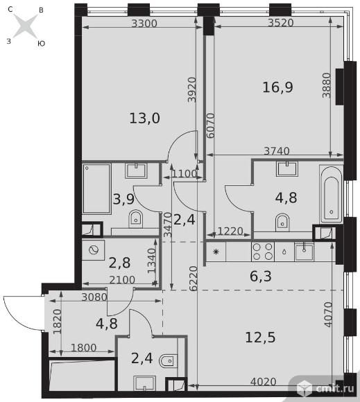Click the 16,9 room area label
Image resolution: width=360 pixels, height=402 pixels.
[277, 87]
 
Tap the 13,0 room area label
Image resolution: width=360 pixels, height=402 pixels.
[145, 119]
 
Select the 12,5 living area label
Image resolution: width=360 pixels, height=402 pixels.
[260, 337]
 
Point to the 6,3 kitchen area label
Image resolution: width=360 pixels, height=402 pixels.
[260, 276]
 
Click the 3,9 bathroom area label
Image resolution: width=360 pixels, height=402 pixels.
[123, 199]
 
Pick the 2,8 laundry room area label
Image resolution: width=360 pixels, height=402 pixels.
[119, 263]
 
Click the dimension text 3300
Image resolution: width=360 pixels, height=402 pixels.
[144, 24]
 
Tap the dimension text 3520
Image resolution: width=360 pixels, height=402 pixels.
[281, 23]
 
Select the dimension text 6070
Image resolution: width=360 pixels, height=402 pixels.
[210, 125]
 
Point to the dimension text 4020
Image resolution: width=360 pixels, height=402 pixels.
[264, 382]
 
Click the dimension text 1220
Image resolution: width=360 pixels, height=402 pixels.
[230, 231]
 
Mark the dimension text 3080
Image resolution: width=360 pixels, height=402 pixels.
[94, 297]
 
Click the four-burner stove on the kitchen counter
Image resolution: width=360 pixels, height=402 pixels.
[263, 252]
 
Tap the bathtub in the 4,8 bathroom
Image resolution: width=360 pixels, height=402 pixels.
[332, 194]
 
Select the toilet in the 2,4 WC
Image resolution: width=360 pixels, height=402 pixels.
[169, 361]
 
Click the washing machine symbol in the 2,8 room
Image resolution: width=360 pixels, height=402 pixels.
[94, 250]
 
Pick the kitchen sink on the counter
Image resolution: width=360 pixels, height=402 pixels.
[304, 252]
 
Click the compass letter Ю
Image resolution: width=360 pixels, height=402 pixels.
[41, 44]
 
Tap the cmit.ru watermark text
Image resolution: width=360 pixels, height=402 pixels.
[334, 388]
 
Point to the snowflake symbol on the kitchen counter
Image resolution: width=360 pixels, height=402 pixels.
[216, 252]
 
